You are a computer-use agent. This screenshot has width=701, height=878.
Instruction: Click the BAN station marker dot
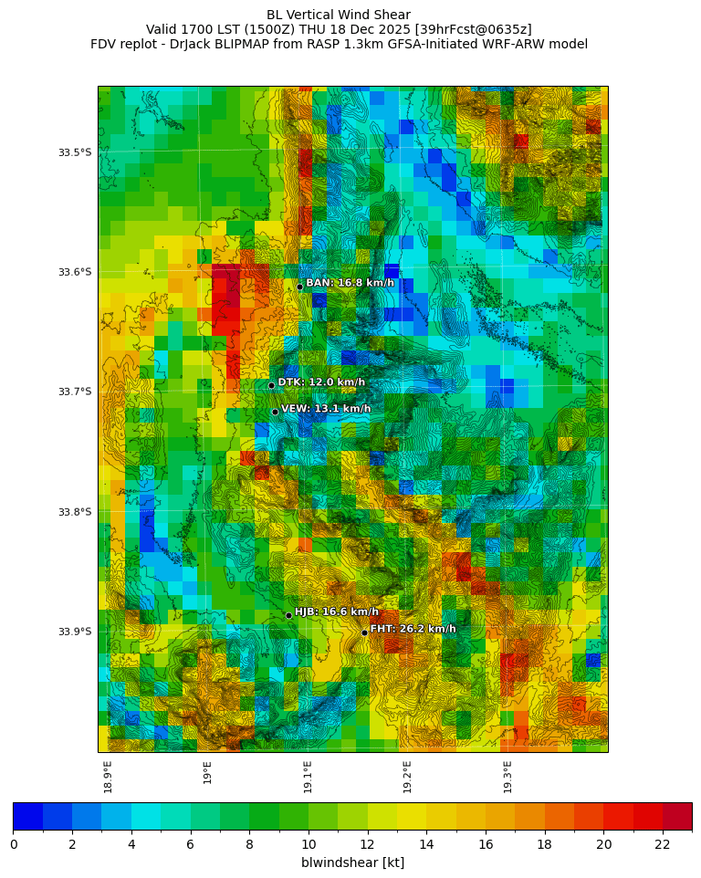click(299, 287)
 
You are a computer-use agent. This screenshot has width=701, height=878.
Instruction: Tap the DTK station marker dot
click(271, 385)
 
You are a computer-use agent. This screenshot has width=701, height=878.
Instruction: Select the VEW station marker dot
click(275, 412)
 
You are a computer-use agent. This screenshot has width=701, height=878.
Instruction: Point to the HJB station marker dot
click(288, 615)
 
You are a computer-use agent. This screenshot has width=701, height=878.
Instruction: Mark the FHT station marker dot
click(364, 632)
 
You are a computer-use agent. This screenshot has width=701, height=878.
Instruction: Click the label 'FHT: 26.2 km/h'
click(413, 629)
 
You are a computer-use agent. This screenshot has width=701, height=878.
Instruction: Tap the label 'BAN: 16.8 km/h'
click(350, 283)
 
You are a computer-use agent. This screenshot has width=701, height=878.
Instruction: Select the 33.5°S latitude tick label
click(75, 152)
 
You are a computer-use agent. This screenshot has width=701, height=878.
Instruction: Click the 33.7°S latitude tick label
click(75, 392)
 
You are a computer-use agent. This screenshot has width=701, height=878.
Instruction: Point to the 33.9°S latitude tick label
click(75, 632)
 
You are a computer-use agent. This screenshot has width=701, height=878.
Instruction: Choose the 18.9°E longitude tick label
click(109, 777)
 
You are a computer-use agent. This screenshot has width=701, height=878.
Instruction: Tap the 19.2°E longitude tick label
click(408, 777)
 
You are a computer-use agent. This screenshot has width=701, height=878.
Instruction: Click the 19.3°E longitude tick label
click(507, 777)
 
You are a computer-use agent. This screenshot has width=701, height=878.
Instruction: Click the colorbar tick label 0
click(14, 844)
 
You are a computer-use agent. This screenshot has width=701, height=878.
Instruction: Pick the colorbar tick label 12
click(368, 844)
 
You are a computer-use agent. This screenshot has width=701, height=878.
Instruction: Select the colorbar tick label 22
click(663, 844)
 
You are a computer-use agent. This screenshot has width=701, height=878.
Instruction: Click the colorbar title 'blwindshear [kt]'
click(352, 862)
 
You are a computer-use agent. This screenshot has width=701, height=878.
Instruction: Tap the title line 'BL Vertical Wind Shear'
click(339, 15)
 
